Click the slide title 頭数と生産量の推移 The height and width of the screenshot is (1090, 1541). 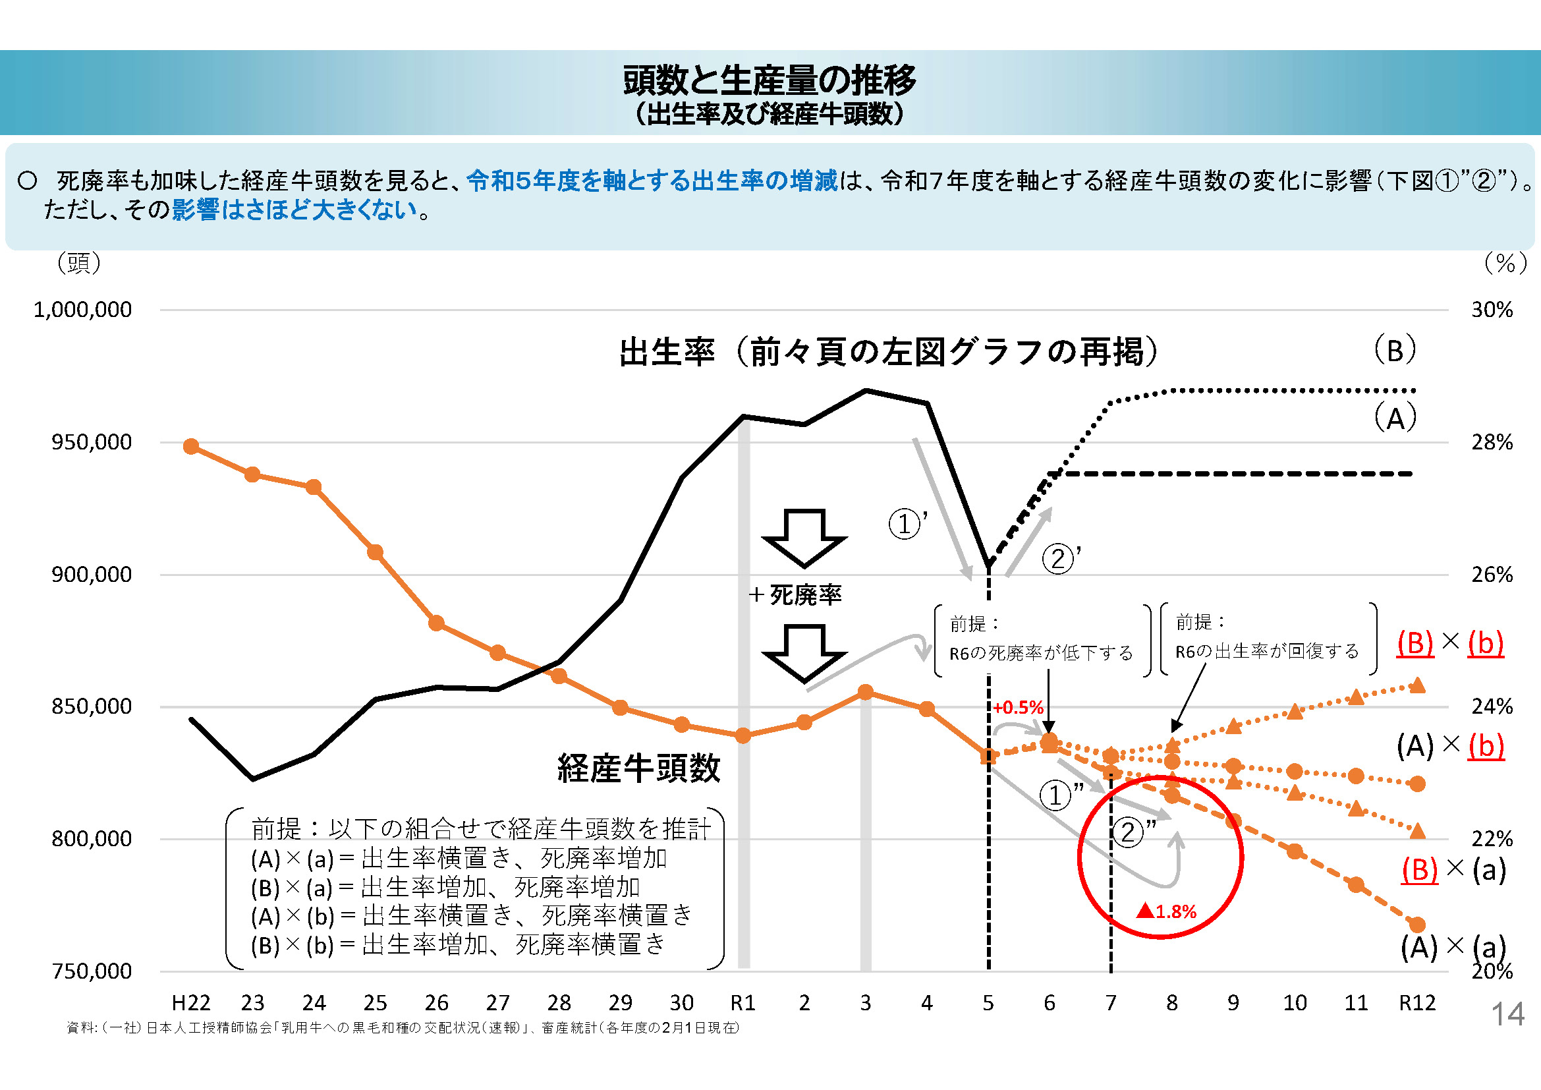tap(769, 80)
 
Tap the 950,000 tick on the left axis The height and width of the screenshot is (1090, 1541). tap(92, 442)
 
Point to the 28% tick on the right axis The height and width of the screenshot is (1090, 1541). tap(1492, 442)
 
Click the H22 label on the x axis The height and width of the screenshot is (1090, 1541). tap(190, 1003)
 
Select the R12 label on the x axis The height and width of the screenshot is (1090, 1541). tap(1417, 1003)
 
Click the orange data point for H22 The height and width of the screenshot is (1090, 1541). tap(191, 446)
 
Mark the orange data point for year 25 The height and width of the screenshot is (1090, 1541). tap(375, 552)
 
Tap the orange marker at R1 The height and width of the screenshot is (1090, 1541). tap(743, 735)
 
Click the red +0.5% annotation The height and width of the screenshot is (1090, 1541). tap(1018, 707)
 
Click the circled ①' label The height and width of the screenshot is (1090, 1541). tap(907, 523)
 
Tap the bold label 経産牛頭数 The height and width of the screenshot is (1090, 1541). tap(638, 768)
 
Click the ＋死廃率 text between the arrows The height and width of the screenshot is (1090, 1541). tap(795, 594)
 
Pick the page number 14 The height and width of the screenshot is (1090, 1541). tap(1507, 1014)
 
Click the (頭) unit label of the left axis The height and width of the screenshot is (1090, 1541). tap(79, 262)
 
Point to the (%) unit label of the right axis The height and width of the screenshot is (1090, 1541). tap(1505, 262)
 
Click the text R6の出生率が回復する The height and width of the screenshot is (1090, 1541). tap(1266, 651)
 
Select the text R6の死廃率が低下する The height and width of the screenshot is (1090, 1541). tap(1040, 653)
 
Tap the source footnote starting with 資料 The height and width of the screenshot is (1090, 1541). tap(403, 1027)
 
